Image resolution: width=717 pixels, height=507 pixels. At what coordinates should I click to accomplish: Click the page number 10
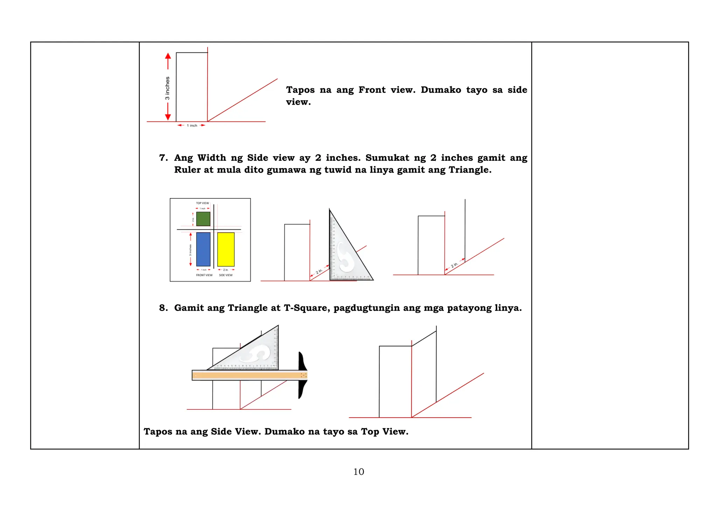[x=358, y=472]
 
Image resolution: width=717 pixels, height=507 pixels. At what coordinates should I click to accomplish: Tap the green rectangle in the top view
[x=203, y=219]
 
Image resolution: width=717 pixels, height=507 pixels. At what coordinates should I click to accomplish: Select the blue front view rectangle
[x=203, y=249]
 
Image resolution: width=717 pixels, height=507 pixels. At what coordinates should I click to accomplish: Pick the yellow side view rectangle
[x=226, y=249]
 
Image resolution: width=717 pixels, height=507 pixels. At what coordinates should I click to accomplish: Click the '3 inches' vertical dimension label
[x=167, y=88]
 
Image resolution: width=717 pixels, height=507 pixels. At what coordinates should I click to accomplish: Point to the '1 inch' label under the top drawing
[x=192, y=125]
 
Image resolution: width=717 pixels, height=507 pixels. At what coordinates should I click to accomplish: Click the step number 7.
[x=163, y=158]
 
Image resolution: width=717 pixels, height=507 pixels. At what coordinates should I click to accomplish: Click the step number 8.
[x=163, y=308]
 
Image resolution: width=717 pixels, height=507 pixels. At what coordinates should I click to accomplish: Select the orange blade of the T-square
[x=245, y=375]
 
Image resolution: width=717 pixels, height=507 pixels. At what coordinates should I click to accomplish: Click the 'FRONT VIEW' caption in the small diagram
[x=204, y=275]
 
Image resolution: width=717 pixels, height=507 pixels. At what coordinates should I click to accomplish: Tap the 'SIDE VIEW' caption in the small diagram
[x=226, y=275]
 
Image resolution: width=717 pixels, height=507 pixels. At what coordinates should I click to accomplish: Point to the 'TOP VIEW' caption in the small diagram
[x=202, y=203]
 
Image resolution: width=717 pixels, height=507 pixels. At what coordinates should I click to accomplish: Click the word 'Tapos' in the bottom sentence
[x=158, y=431]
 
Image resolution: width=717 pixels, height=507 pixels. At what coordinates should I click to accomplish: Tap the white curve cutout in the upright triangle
[x=345, y=257]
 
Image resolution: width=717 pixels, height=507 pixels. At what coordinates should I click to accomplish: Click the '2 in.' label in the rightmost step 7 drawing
[x=454, y=265]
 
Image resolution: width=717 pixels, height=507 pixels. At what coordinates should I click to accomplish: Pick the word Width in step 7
[x=212, y=158]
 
